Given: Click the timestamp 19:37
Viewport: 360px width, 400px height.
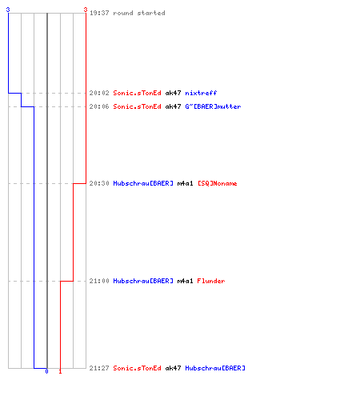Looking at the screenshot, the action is point(99,13).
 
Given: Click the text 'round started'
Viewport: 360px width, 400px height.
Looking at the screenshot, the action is point(139,13).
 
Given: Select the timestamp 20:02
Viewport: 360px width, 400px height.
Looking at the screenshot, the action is point(99,93).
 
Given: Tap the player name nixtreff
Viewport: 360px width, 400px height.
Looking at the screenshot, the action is point(201,93).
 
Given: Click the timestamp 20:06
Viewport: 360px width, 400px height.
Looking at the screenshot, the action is point(99,106).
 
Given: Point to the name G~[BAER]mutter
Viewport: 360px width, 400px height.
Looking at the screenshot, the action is point(213,106).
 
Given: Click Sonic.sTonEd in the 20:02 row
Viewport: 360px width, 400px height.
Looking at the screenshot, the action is point(137,93).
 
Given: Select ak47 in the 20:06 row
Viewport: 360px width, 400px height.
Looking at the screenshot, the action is point(173,106).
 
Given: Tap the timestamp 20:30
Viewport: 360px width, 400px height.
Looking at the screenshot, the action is point(99,183).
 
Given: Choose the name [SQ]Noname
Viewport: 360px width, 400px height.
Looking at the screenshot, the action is point(218,183).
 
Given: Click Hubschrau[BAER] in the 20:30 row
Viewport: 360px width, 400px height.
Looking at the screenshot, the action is point(143,183).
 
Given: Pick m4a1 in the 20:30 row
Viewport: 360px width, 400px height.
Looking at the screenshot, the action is point(185,183).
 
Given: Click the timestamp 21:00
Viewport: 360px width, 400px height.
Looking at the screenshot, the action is point(99,281).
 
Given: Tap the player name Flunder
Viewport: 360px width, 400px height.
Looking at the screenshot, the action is point(211,281).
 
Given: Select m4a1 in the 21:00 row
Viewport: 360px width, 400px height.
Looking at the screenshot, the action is point(185,281).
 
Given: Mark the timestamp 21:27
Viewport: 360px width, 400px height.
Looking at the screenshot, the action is point(99,368).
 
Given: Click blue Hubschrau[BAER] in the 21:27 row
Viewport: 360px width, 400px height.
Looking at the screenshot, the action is point(215,368).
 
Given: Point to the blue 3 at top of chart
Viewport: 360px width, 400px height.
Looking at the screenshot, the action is point(8,10).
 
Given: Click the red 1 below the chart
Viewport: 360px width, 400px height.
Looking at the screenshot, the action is point(60,371).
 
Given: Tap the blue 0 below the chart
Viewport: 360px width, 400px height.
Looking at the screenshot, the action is point(46,371).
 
